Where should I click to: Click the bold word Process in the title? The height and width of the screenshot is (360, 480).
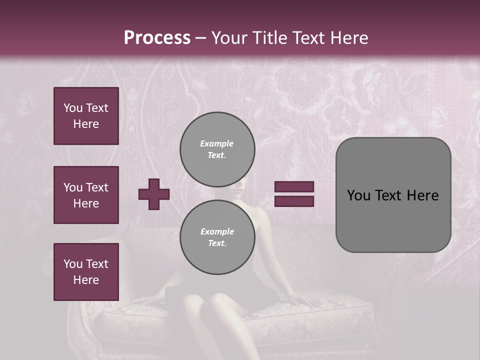[157, 38]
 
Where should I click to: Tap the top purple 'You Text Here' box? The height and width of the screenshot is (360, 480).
[86, 116]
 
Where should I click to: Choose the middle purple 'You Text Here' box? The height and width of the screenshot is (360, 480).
[86, 195]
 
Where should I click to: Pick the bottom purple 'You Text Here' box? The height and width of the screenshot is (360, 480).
[86, 272]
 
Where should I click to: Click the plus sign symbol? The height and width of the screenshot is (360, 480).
[154, 194]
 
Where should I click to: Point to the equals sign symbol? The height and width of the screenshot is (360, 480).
[294, 194]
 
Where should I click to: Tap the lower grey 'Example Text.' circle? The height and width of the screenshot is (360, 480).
[217, 237]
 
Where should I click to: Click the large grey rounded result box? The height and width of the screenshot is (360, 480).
[393, 195]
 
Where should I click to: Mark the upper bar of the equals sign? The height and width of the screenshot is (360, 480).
[294, 187]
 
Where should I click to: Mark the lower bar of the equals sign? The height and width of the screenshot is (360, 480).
[294, 201]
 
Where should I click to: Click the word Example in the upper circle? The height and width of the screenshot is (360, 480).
[217, 144]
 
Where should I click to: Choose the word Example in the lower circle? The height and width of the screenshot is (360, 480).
[217, 232]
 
